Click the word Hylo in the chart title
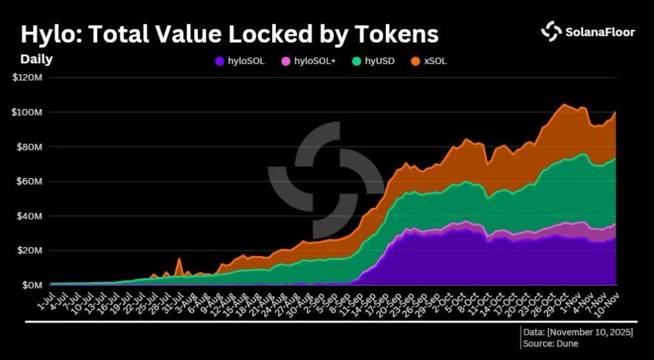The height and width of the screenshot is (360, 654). [50, 34]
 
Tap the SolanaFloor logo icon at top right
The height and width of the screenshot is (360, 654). [551, 31]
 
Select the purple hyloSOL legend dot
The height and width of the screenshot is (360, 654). [220, 61]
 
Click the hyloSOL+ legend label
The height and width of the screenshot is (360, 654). [314, 61]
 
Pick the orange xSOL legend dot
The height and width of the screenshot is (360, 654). [414, 61]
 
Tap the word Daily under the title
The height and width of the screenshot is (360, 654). [36, 59]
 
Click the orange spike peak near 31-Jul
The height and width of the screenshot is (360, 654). [179, 259]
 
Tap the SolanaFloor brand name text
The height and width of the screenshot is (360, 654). [600, 31]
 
